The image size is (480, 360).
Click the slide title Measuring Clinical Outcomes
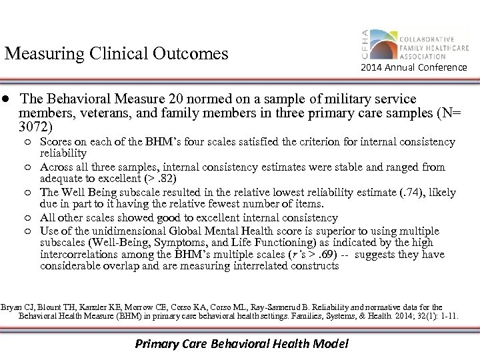point(116,53)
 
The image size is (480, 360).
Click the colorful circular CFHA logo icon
point(383,43)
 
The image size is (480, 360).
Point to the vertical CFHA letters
point(364,43)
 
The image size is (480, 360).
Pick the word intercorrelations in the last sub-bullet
point(79,255)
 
